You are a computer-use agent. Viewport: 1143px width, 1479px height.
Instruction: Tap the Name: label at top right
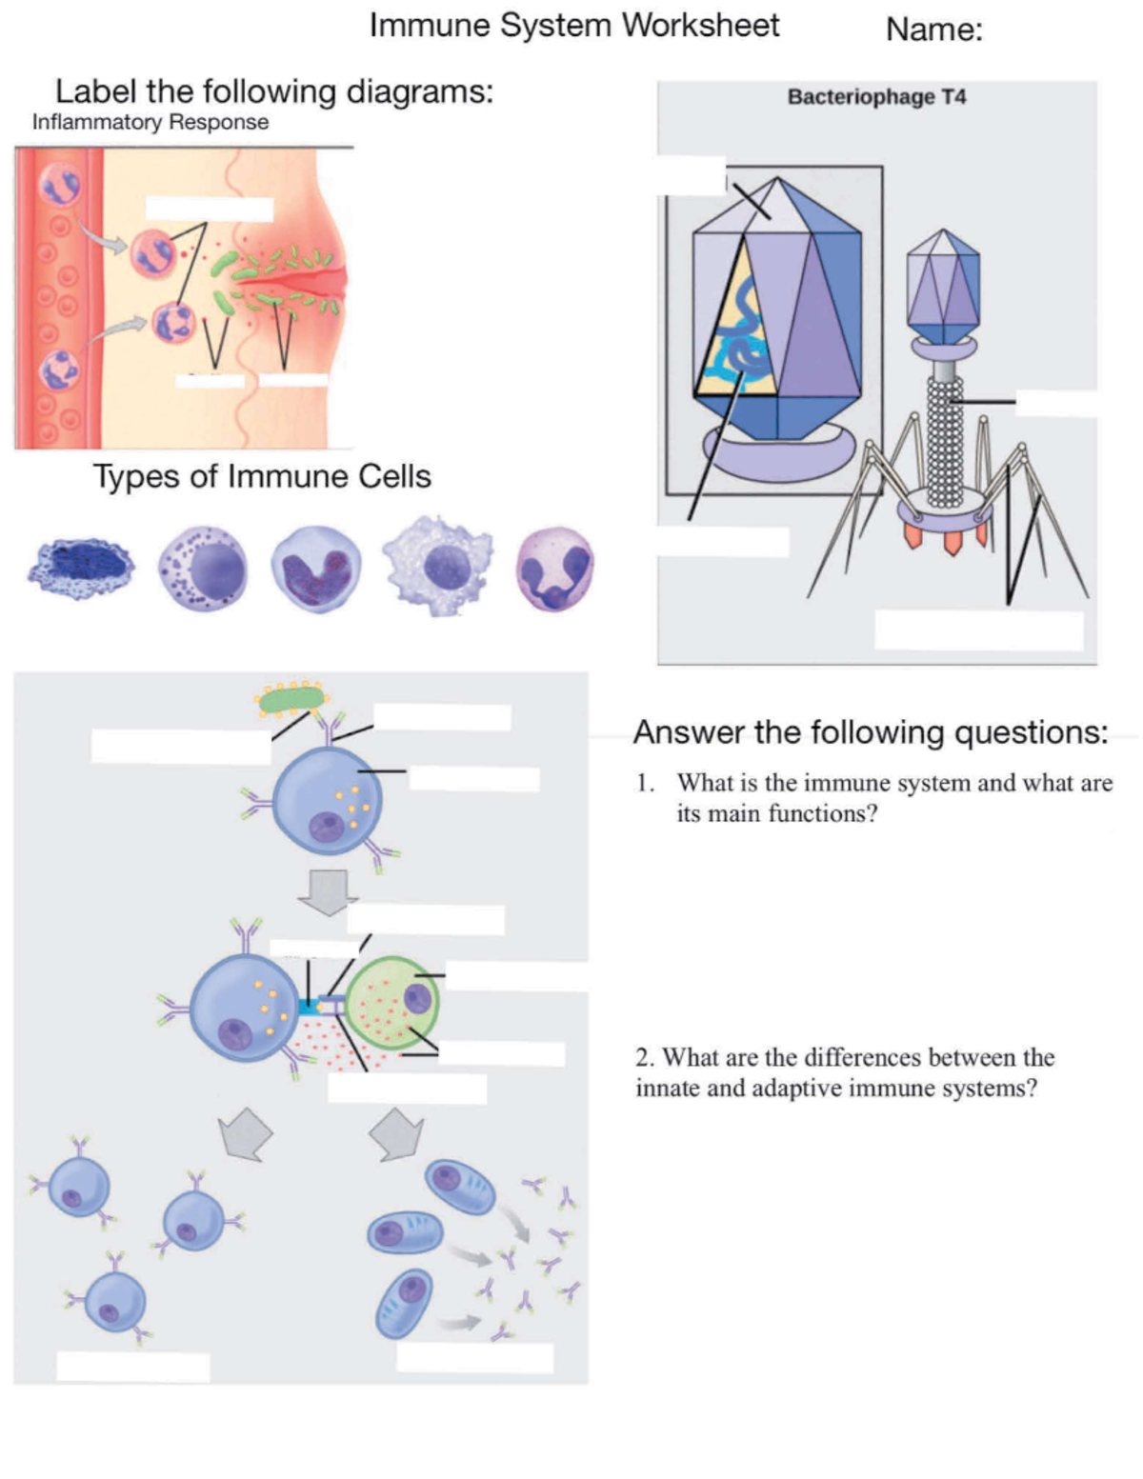[933, 30]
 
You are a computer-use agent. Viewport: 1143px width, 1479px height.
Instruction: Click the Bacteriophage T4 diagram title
[876, 97]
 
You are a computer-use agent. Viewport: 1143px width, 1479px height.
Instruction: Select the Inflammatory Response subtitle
[150, 123]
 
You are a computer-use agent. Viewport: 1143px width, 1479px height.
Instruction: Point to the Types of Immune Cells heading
[262, 476]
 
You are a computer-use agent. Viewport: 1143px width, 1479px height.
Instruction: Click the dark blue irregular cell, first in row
[81, 569]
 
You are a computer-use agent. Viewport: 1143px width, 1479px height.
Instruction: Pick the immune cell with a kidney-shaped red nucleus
[316, 569]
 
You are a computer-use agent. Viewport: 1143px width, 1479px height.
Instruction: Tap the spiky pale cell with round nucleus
[438, 566]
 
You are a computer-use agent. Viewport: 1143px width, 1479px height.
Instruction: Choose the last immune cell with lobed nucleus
[555, 569]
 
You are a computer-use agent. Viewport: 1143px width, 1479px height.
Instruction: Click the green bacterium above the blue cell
[291, 700]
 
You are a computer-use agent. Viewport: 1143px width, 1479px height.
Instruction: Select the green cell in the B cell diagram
[392, 1004]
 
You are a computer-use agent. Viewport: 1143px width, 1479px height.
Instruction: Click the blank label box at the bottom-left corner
[132, 1367]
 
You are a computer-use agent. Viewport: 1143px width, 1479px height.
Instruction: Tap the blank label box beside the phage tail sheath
[1055, 403]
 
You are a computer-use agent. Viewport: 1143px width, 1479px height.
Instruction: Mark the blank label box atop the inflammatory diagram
[210, 210]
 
